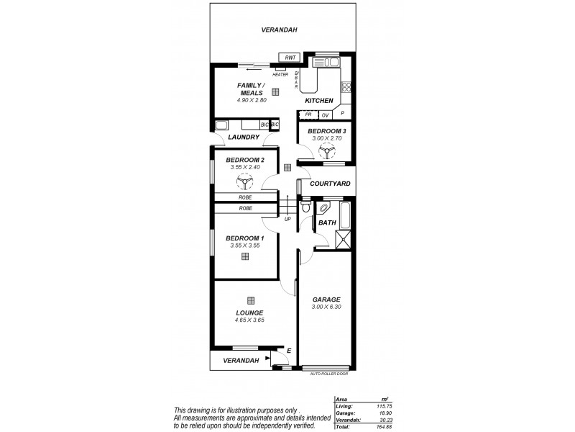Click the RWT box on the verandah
(290, 57)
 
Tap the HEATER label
(280, 74)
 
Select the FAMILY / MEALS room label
(252, 89)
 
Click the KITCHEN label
(319, 100)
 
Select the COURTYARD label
(330, 184)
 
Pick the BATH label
(327, 223)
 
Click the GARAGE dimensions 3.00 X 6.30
(326, 307)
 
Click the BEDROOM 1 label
(244, 238)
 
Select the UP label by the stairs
(287, 219)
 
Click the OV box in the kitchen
(325, 114)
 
